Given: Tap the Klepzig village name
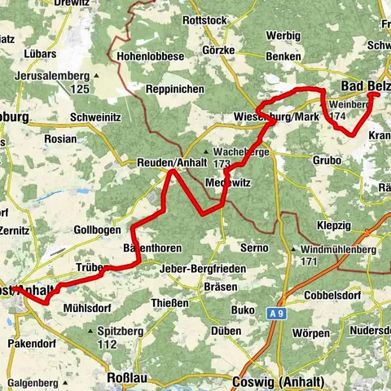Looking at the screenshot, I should pos(336,221).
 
